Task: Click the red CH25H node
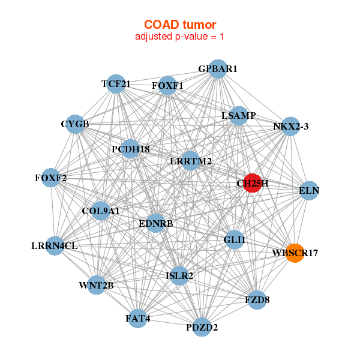click(x=252, y=183)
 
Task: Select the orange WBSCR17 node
click(x=294, y=253)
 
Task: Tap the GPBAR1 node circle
click(x=218, y=69)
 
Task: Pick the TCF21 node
click(x=116, y=84)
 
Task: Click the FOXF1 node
click(x=167, y=85)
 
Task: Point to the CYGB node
click(x=74, y=124)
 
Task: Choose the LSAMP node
click(x=238, y=115)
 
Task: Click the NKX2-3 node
click(x=290, y=126)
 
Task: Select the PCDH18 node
click(x=130, y=148)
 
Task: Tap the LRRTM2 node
click(x=190, y=160)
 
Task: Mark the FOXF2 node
click(x=50, y=178)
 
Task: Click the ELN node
click(x=308, y=191)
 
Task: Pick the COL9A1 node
click(x=101, y=211)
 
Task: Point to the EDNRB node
click(x=155, y=223)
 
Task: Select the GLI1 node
click(x=234, y=240)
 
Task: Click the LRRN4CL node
click(x=55, y=245)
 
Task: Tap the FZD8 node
click(x=257, y=299)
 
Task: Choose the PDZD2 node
click(x=202, y=327)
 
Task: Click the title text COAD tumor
click(x=180, y=25)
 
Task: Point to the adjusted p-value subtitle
click(x=180, y=37)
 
